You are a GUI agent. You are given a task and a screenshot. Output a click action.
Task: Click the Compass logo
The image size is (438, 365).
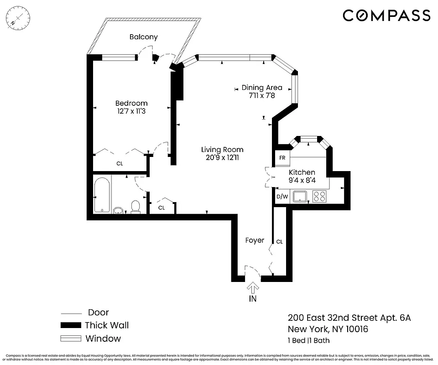coord(386,16)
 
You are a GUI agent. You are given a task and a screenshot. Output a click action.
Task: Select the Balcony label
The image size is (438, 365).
coord(143,37)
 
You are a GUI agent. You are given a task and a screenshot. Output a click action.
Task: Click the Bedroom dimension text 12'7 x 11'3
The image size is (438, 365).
coord(131,110)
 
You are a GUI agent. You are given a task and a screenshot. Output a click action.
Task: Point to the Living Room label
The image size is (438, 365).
coord(222,150)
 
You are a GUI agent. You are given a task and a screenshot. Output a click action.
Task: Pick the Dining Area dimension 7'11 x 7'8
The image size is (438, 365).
coord(261,96)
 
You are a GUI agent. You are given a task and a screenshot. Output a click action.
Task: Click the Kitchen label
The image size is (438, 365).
coord(302,172)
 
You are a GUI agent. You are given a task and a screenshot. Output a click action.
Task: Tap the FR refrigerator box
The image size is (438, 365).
coord(282,158)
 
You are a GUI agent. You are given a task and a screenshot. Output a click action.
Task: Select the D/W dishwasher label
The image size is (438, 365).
coord(282,197)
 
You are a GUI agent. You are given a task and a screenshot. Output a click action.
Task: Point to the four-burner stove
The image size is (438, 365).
coord(319,197)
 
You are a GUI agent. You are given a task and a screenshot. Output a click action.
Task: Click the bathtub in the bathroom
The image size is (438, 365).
coord(101,195)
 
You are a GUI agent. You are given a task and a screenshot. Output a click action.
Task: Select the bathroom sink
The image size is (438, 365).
coord(119,210)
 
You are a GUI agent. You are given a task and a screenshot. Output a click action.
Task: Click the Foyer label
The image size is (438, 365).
coord(255,240)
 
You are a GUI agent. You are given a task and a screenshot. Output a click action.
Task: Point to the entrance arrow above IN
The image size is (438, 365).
coord(253,287)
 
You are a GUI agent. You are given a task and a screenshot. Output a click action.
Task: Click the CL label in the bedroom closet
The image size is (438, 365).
coord(120,163)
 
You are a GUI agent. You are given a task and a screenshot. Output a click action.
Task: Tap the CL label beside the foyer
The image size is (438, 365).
coord(279,241)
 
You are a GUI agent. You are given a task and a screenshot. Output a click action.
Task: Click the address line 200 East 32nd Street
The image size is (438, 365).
coord(349,318)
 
